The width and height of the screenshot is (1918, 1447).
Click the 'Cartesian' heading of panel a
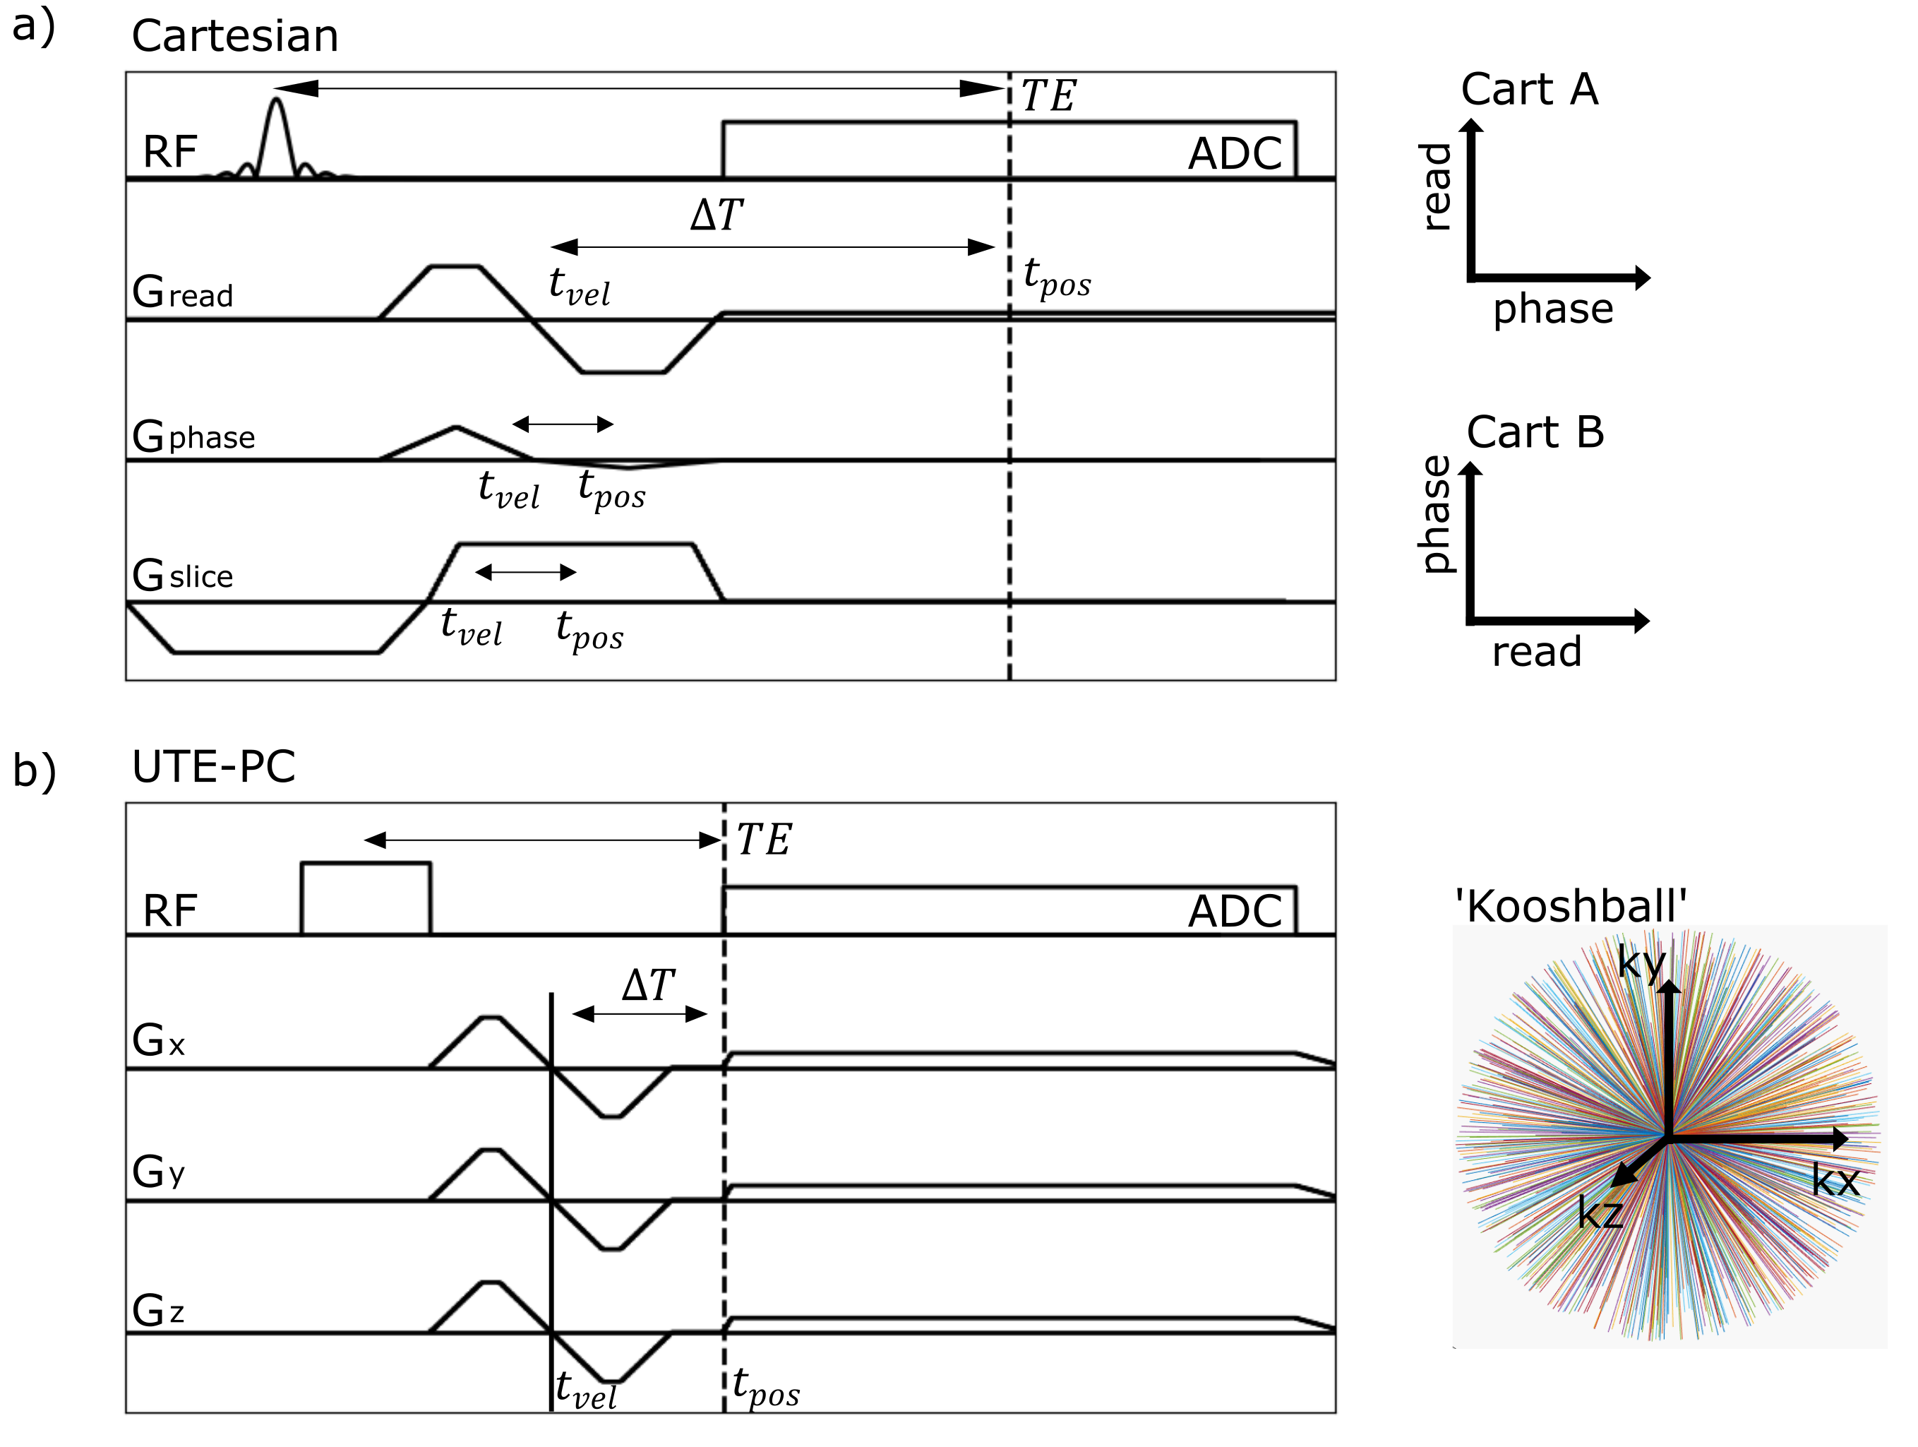pyautogui.click(x=235, y=37)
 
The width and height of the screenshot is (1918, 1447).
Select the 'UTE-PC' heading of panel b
pyautogui.click(x=213, y=767)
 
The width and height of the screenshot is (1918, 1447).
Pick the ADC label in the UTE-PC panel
pyautogui.click(x=1234, y=911)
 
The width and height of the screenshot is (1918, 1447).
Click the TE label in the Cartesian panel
pyautogui.click(x=1048, y=95)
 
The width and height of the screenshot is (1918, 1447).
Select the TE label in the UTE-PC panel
pyautogui.click(x=763, y=840)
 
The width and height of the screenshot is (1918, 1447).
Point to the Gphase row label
pyautogui.click(x=193, y=436)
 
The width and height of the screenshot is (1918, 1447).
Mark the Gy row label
pyautogui.click(x=159, y=1172)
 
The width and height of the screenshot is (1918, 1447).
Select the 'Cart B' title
pyautogui.click(x=1535, y=432)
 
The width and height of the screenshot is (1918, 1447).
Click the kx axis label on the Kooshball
pyautogui.click(x=1835, y=1180)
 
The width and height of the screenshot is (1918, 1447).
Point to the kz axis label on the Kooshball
pyautogui.click(x=1600, y=1213)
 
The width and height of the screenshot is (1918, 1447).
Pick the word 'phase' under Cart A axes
pyautogui.click(x=1553, y=309)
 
